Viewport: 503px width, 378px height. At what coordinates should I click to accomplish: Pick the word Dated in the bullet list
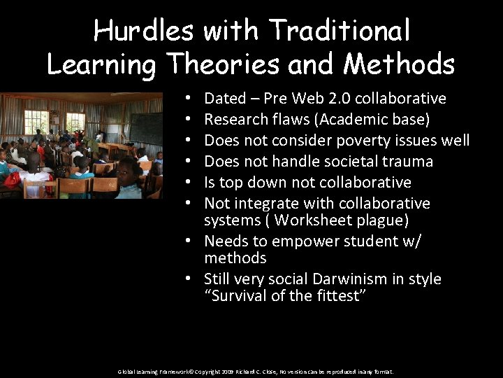point(224,99)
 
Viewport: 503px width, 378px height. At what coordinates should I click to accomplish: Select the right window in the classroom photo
point(75,122)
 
